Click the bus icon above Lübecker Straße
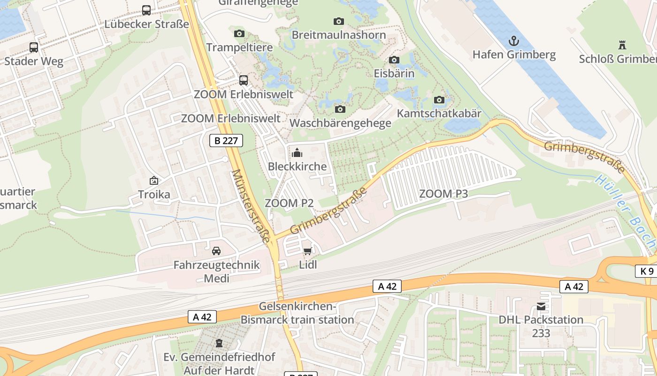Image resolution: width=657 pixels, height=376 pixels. coord(146,10)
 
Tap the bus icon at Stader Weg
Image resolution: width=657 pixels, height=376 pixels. coord(34,47)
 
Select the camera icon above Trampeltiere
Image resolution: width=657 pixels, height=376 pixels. coord(239,33)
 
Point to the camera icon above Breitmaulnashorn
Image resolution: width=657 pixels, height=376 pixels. coord(338,21)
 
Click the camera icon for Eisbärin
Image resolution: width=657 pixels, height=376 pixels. coord(394,60)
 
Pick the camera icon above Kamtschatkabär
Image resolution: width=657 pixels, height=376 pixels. coord(439,100)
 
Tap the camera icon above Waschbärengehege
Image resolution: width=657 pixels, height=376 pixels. coord(340,109)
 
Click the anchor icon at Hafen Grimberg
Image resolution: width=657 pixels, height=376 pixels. coord(514,41)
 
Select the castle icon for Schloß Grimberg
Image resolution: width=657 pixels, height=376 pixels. coord(622,45)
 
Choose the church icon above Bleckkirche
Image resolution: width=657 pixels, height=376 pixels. coord(297,153)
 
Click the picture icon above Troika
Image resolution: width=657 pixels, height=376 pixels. coord(153,180)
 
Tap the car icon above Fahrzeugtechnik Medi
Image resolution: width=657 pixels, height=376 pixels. coord(216,251)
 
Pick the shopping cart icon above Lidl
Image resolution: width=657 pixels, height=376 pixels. coord(308,251)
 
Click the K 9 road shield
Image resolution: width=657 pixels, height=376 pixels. coord(647,271)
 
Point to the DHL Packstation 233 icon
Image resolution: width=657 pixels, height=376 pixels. coord(541,306)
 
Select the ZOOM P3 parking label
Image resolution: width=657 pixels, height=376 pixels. coord(443,194)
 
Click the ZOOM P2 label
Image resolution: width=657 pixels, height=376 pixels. coord(289,203)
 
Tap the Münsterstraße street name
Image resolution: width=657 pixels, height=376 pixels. coord(251,206)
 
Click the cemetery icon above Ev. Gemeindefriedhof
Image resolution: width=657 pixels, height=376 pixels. coord(219,343)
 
